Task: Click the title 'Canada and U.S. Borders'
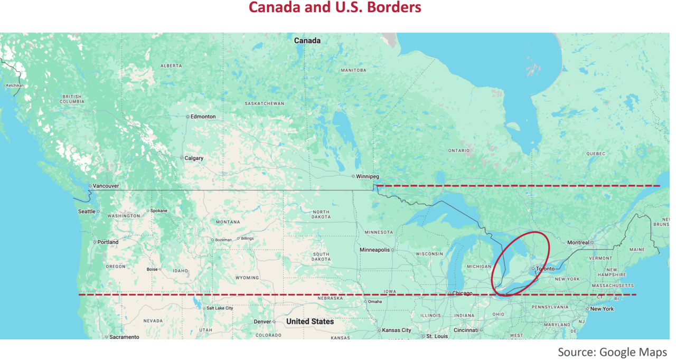coord(335,8)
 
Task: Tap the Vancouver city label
coord(106,186)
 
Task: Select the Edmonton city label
coord(203,117)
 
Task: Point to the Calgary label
coord(193,158)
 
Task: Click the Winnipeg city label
coord(368,176)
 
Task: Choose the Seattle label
coord(87,211)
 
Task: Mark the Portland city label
coord(108,242)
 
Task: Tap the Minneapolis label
coord(374,250)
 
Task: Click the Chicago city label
coord(462,293)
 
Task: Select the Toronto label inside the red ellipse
coord(545,269)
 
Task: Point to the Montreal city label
coord(578,243)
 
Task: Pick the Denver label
coord(262,321)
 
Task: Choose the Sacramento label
coord(125,337)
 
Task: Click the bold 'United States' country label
coord(309,321)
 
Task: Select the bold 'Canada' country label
coord(307,41)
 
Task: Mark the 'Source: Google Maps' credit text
coord(612,352)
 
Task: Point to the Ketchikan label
coord(15,85)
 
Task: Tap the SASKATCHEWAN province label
coord(264,103)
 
